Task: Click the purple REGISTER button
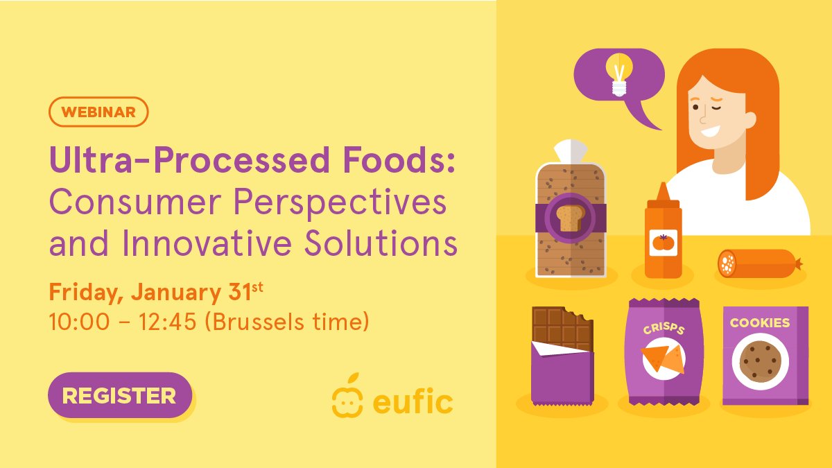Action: click(x=119, y=395)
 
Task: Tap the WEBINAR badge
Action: click(x=98, y=112)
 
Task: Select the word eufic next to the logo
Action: click(x=414, y=401)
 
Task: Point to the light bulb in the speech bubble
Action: click(x=619, y=75)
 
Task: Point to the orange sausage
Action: click(x=758, y=263)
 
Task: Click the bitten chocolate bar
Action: click(x=562, y=354)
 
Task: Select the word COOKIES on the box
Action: click(x=759, y=322)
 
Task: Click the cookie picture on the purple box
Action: click(x=760, y=361)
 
